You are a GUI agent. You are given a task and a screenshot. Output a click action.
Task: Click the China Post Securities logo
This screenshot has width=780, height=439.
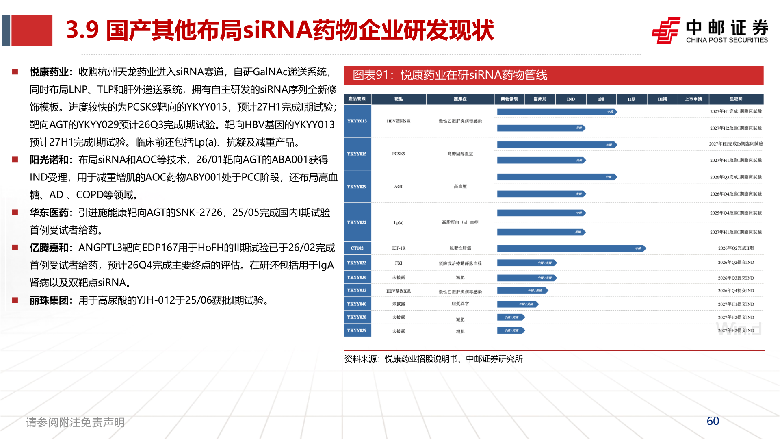point(709,30)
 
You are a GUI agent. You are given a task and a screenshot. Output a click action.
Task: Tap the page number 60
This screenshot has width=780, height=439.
point(713,421)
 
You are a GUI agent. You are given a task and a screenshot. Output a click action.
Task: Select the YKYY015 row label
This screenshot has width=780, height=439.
point(357,154)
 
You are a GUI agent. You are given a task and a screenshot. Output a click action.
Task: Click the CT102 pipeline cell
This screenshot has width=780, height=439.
point(357,248)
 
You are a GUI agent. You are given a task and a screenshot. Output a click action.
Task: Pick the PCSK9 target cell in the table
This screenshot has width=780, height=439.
point(399,154)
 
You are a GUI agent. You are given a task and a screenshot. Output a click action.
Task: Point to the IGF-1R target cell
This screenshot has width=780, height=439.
point(399,248)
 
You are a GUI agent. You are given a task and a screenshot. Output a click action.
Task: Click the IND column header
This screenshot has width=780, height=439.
point(571,99)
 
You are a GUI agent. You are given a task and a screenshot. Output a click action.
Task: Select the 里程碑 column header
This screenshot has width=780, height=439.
point(736,99)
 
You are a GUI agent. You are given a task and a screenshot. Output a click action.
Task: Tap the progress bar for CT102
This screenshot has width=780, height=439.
point(571,248)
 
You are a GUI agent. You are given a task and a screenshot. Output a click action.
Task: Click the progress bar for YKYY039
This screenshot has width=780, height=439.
point(511,330)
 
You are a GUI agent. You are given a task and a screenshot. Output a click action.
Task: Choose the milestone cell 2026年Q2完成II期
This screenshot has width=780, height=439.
point(736,248)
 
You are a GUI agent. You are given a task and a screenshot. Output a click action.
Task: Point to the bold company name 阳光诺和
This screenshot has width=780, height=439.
point(49,160)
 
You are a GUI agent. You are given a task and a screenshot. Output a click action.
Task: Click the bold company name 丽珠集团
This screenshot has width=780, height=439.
point(49,300)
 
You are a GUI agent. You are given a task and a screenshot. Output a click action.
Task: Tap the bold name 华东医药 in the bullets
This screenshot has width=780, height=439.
point(49,213)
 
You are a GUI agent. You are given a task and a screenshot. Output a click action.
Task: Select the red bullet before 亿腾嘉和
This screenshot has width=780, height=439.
point(15,248)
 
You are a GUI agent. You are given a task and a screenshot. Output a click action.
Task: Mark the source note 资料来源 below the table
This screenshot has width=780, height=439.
point(433,359)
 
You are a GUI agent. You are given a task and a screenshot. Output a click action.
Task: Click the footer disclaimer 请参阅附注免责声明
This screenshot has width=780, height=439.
point(75,422)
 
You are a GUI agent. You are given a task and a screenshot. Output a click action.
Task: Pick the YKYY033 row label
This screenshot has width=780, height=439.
point(357,263)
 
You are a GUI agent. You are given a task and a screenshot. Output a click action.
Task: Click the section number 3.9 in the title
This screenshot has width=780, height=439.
point(82,30)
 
